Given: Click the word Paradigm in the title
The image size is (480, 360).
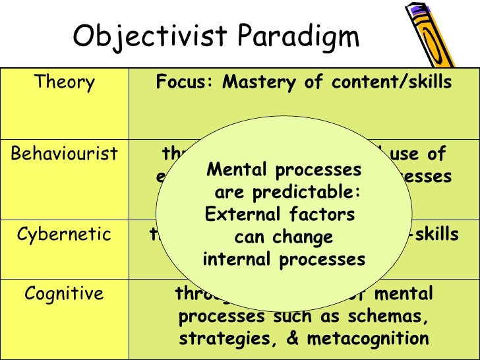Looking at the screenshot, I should tap(305, 38).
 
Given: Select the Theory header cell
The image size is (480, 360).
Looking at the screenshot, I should tap(64, 83).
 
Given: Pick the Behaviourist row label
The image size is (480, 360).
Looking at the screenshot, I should tap(64, 155).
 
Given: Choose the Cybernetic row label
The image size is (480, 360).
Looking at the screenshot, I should tap(64, 235).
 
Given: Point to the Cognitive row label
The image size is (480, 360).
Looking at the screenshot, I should tap(64, 293).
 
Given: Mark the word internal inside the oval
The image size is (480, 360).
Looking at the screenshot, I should tap(238, 259).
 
